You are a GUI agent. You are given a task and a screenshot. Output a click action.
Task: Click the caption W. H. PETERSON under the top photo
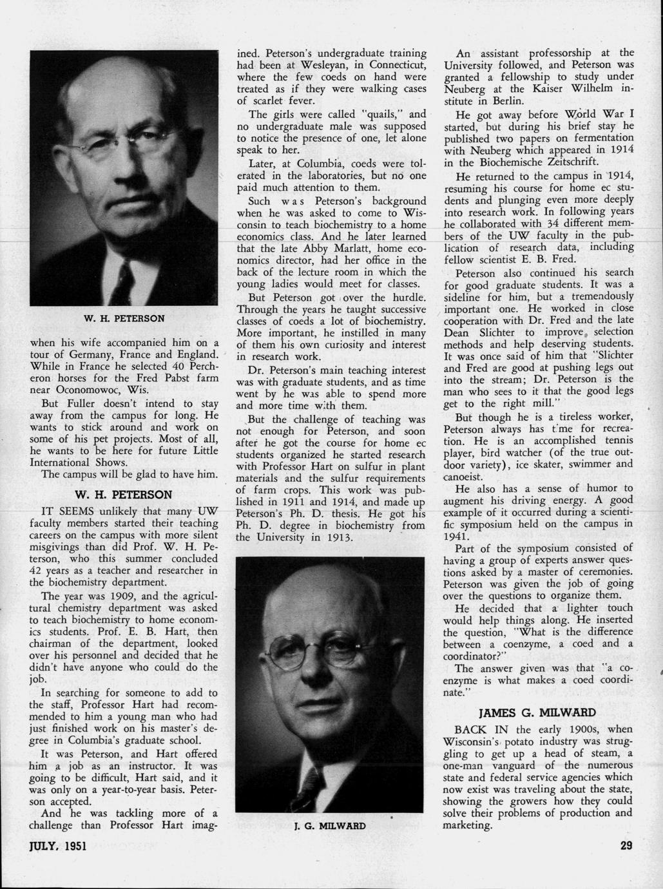click(124, 318)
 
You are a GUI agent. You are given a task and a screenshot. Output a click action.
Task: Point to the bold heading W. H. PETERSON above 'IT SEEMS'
click(124, 495)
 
